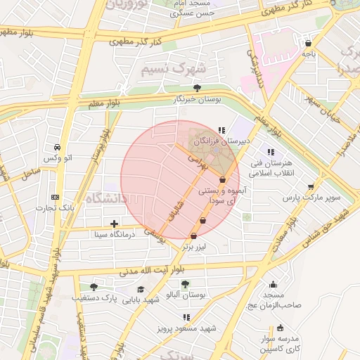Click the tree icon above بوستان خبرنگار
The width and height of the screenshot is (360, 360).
coord(197,88)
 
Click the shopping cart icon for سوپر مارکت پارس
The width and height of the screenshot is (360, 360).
coord(311,186)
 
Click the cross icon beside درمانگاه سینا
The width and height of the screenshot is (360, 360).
coord(115,224)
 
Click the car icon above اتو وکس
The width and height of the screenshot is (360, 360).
coord(56,148)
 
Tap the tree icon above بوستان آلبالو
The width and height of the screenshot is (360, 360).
coord(185,284)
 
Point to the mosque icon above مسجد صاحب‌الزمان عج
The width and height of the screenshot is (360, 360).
coord(274,284)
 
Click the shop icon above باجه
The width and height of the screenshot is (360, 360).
coord(308,42)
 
